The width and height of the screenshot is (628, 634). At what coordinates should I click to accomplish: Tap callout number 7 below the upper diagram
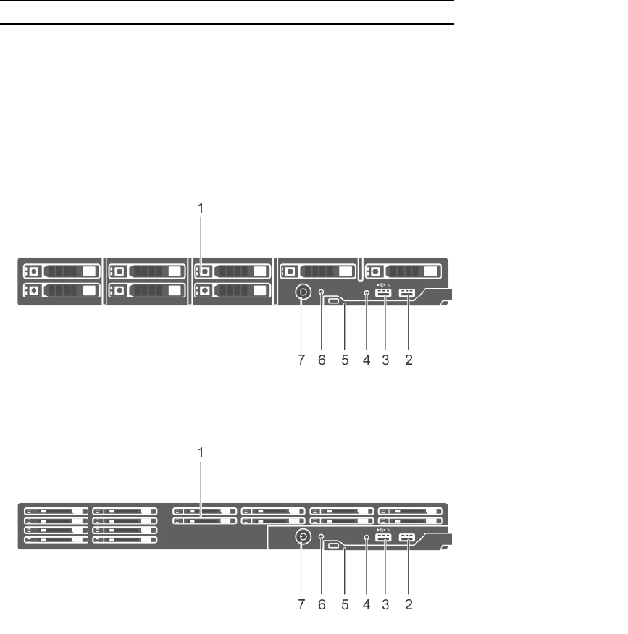(x=303, y=360)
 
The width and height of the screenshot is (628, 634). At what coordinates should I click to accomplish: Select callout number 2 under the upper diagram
(x=409, y=360)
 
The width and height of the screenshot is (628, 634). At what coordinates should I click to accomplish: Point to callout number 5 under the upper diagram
(x=345, y=360)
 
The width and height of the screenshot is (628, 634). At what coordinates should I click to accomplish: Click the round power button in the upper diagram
(x=303, y=293)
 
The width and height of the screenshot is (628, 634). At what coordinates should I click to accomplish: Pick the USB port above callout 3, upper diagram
(x=384, y=294)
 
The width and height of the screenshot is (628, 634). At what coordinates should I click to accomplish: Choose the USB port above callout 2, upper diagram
(x=407, y=294)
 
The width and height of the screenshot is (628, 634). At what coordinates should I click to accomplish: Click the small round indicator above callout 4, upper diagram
(x=367, y=293)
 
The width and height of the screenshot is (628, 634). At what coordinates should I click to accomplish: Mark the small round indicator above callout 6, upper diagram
(x=322, y=293)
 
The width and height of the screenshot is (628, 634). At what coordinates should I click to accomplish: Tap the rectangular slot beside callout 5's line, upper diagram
(x=334, y=301)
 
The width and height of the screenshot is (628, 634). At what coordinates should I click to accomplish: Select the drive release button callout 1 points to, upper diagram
(x=205, y=272)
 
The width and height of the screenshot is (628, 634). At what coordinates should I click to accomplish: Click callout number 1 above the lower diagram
(x=202, y=452)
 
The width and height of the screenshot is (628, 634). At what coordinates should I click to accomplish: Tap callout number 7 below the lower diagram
(x=303, y=605)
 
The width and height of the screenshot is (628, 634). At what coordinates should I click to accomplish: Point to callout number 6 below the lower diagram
(x=323, y=605)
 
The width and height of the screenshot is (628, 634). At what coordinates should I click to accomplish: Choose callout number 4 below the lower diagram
(x=367, y=605)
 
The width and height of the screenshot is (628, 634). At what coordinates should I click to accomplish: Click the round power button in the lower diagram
(x=303, y=537)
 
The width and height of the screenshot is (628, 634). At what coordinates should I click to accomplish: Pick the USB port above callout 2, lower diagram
(x=407, y=538)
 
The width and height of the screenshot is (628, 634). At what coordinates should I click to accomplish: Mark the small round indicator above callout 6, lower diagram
(x=322, y=537)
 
